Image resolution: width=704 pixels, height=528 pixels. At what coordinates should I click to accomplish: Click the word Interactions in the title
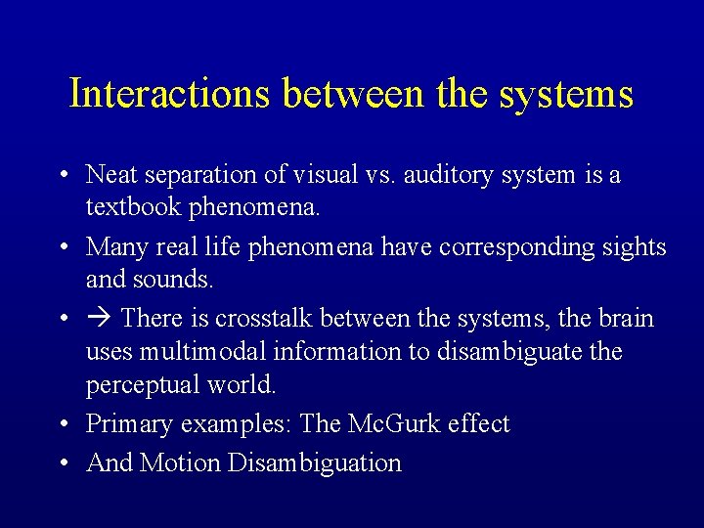click(170, 94)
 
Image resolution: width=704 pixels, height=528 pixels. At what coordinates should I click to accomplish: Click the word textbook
click(128, 208)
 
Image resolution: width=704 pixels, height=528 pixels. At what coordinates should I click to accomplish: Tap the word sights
click(633, 247)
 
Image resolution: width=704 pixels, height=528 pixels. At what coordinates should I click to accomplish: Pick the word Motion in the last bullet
click(181, 462)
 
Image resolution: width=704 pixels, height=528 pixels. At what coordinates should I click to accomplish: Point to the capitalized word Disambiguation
click(314, 462)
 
